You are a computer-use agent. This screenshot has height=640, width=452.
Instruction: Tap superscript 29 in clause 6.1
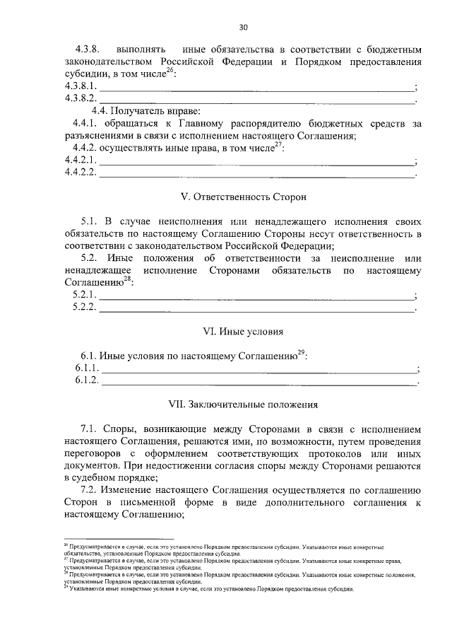(x=300, y=353)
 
